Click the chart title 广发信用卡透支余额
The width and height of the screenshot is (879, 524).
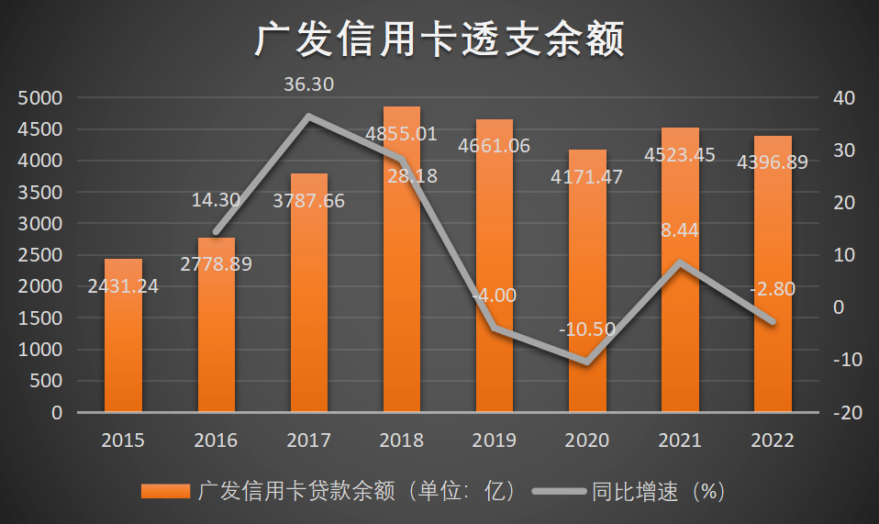(439, 40)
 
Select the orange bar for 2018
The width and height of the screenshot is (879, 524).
(402, 275)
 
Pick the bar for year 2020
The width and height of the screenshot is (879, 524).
(587, 294)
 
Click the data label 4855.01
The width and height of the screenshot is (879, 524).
(401, 134)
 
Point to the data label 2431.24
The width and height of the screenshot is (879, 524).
(123, 286)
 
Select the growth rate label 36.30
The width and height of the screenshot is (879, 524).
(309, 84)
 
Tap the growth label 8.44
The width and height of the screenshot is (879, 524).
(680, 230)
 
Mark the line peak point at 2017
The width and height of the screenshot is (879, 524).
(309, 117)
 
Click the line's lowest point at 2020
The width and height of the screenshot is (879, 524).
(587, 362)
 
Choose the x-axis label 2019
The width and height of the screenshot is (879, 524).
(494, 440)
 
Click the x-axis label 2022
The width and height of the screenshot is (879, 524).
(773, 440)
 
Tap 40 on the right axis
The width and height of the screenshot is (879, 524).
(842, 97)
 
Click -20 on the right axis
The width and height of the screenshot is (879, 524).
(842, 413)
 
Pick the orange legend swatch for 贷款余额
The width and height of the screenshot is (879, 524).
(166, 491)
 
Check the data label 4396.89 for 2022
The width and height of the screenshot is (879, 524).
(773, 162)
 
